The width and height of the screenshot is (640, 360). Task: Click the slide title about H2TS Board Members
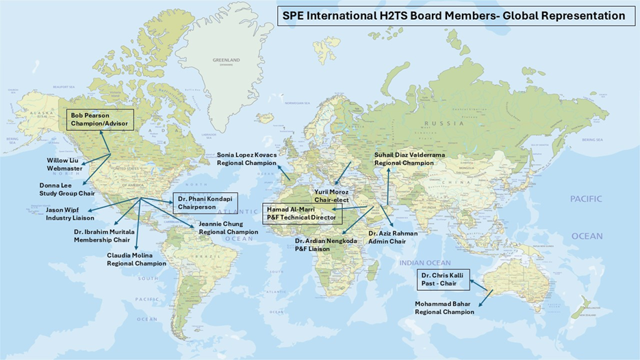(454, 15)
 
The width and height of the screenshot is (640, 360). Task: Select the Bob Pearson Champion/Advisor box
(101, 120)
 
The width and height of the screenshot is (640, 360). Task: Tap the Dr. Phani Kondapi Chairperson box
(203, 203)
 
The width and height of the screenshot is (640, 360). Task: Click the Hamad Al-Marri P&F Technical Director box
(301, 214)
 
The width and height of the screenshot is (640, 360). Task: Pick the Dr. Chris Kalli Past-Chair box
(444, 279)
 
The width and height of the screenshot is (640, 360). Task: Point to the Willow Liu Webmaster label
(64, 164)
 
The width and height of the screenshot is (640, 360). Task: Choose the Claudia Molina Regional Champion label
(136, 259)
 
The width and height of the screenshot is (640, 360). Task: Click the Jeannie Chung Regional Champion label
(228, 228)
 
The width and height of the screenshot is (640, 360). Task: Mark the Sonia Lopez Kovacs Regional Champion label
(247, 159)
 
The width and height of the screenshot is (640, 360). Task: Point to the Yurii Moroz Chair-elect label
(331, 196)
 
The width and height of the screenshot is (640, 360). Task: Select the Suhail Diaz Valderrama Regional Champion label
(409, 159)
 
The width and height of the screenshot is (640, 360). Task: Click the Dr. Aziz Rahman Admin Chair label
(392, 237)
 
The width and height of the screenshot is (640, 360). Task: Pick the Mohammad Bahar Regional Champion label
(444, 307)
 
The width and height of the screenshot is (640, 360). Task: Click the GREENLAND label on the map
(227, 61)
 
